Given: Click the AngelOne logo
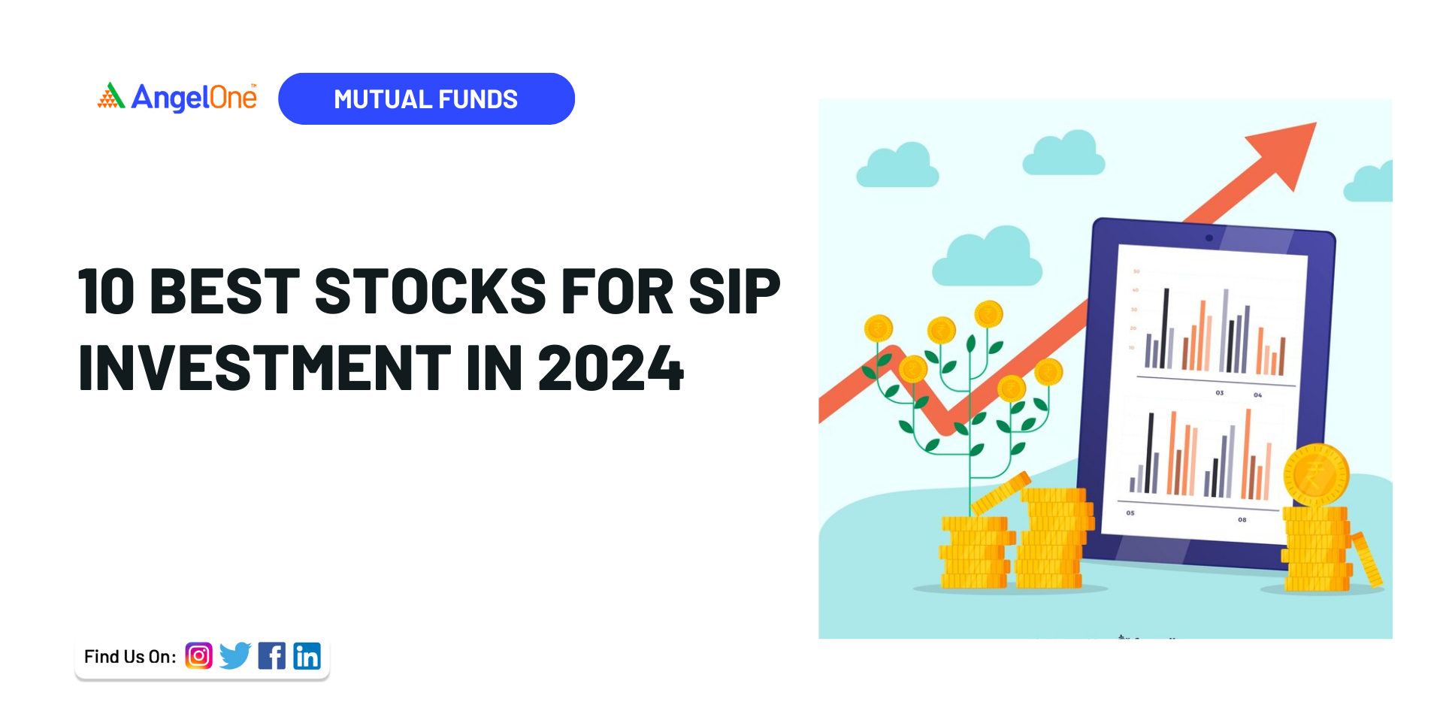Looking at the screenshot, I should pyautogui.click(x=177, y=98).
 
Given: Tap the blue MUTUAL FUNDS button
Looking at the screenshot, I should pyautogui.click(x=426, y=98).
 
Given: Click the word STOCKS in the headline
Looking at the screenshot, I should pyautogui.click(x=430, y=292).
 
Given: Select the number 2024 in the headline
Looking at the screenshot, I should pyautogui.click(x=610, y=368).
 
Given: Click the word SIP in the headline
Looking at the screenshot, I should pyautogui.click(x=734, y=292).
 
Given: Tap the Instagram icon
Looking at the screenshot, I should pyautogui.click(x=198, y=656).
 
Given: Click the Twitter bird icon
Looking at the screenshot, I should pyautogui.click(x=235, y=656).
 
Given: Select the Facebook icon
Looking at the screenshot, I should pyautogui.click(x=271, y=656).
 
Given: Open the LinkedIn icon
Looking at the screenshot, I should pyautogui.click(x=307, y=656).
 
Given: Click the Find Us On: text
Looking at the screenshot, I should pyautogui.click(x=130, y=657).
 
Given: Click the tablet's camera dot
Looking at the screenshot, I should pyautogui.click(x=1209, y=238).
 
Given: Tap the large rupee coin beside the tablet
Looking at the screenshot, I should pyautogui.click(x=1315, y=474).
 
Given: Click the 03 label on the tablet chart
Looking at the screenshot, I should pyautogui.click(x=1219, y=393).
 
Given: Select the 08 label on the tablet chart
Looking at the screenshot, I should pyautogui.click(x=1242, y=519).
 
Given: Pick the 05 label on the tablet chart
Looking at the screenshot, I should pyautogui.click(x=1130, y=513).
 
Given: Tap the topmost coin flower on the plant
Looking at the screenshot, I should pyautogui.click(x=988, y=313).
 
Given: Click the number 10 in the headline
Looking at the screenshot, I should pyautogui.click(x=107, y=292).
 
